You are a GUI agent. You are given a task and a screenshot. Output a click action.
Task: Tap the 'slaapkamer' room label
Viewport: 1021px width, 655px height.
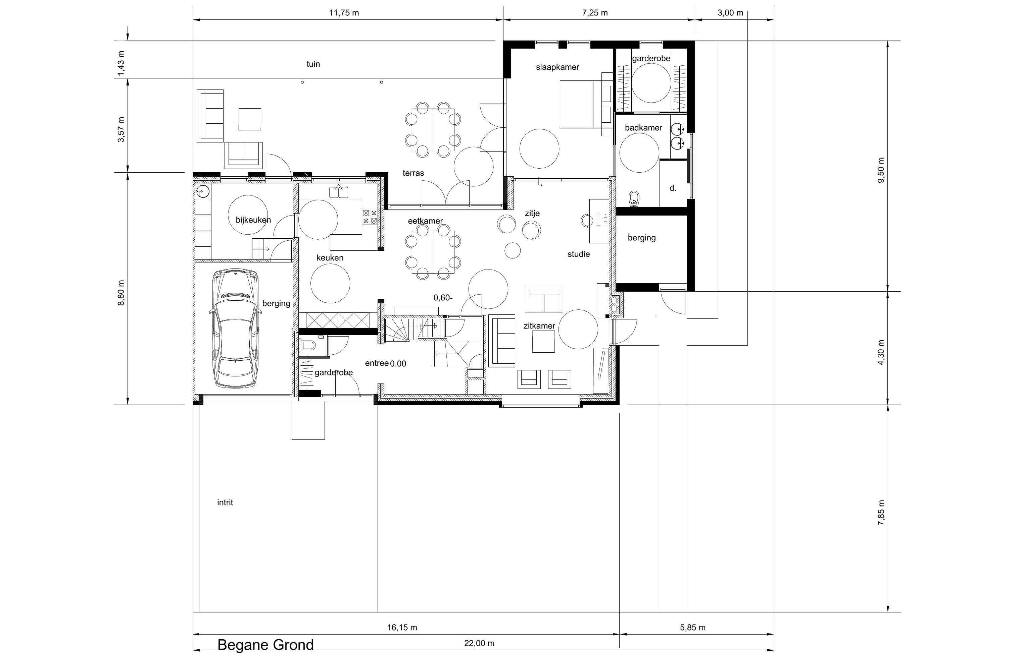[557, 67]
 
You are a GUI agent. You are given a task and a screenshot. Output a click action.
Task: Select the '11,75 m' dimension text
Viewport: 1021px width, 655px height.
[344, 13]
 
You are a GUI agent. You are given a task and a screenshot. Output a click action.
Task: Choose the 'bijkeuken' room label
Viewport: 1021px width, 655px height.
[253, 220]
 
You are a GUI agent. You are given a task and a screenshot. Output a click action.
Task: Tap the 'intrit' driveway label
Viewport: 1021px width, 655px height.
[225, 502]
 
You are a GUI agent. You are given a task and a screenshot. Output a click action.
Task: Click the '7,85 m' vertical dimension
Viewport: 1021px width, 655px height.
[881, 513]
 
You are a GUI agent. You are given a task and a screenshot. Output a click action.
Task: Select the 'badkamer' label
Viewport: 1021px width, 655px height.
[643, 128]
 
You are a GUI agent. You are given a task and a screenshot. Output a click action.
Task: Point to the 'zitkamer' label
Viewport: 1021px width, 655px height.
[539, 326]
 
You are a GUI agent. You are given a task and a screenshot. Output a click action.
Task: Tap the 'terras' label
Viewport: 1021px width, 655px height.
[413, 173]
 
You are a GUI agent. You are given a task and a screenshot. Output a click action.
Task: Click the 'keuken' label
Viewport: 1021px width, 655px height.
[330, 258]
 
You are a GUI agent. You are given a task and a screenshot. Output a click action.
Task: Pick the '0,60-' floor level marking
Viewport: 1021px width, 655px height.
[443, 298]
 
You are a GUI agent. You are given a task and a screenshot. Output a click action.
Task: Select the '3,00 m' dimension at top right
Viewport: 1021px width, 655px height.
[730, 13]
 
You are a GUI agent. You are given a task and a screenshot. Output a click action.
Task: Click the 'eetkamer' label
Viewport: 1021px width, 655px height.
[425, 221]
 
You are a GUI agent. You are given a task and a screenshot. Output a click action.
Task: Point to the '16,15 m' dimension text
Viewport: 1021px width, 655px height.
[402, 628]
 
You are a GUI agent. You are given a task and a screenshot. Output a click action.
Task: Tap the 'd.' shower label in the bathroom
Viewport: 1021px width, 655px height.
[673, 188]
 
